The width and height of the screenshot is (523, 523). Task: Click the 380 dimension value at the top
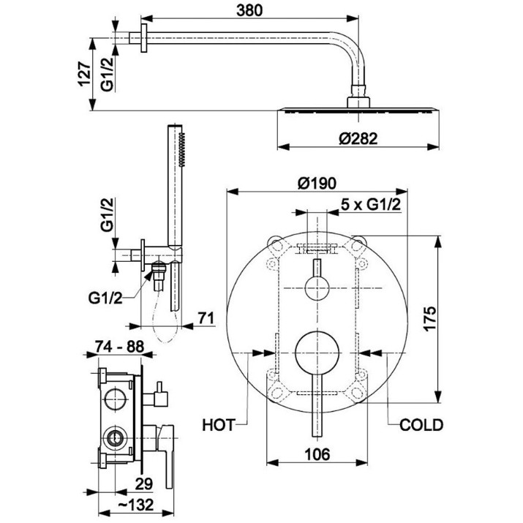(249, 11)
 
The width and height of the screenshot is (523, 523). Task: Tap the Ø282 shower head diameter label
(358, 138)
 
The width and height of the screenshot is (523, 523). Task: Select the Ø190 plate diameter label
(317, 184)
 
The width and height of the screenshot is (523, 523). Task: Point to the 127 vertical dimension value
(85, 74)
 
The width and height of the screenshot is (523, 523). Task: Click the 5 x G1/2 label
(371, 204)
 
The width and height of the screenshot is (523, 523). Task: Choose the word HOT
(219, 425)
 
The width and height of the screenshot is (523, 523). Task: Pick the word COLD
(421, 425)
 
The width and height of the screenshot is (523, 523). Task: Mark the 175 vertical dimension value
(430, 318)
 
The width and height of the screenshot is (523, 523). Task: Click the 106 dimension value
(317, 454)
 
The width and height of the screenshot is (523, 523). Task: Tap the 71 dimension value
(206, 318)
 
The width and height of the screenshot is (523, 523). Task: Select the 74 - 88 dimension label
(119, 347)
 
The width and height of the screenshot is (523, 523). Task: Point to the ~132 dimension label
(136, 505)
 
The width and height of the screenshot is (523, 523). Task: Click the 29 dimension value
(144, 484)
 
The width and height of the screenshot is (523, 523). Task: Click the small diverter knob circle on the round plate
(317, 288)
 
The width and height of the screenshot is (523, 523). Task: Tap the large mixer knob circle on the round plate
(317, 353)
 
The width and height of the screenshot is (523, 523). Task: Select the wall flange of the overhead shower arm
(144, 38)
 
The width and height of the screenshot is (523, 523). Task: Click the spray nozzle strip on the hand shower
(181, 150)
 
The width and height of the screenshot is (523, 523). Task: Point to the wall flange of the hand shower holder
(143, 255)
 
